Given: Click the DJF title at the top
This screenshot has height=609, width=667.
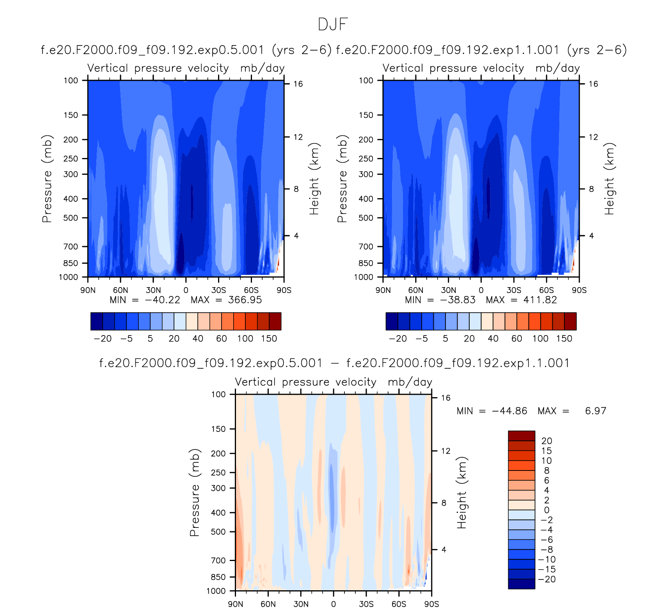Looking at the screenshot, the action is tap(333, 24).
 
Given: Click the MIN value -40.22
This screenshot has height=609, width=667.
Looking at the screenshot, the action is tap(162, 300).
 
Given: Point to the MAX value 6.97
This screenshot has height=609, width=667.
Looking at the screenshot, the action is tap(596, 411).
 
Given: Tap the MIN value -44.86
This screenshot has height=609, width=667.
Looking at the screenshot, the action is tap(509, 411).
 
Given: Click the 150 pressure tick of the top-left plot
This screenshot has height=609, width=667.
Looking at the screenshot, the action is tap(71, 115).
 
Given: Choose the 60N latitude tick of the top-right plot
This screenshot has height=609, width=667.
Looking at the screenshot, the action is tap(416, 290).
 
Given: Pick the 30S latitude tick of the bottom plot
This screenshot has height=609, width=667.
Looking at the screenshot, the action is tap(366, 604).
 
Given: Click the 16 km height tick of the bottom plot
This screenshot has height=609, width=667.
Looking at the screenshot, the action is tap(445, 398).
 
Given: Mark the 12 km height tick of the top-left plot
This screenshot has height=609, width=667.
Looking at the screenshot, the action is tap(298, 137).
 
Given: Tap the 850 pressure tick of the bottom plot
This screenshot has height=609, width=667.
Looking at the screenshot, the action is tap(218, 577).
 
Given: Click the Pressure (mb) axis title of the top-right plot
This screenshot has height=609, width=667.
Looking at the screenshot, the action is tap(342, 179).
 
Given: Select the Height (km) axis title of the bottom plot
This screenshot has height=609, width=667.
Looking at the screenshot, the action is tap(462, 492).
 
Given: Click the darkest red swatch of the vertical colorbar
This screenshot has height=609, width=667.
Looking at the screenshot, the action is tap(522, 436).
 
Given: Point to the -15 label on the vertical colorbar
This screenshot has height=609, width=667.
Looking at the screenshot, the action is tap(547, 569).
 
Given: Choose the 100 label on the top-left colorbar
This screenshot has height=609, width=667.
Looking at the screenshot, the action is tap(245, 339).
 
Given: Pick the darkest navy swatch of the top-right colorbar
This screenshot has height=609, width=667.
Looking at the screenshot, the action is tap(392, 321).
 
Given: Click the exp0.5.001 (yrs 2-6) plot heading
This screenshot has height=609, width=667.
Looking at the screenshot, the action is tap(186, 50).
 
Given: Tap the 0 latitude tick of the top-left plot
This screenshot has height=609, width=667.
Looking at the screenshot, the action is tap(186, 290).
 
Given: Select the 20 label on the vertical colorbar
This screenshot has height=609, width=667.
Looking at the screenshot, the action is tap(547, 441).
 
